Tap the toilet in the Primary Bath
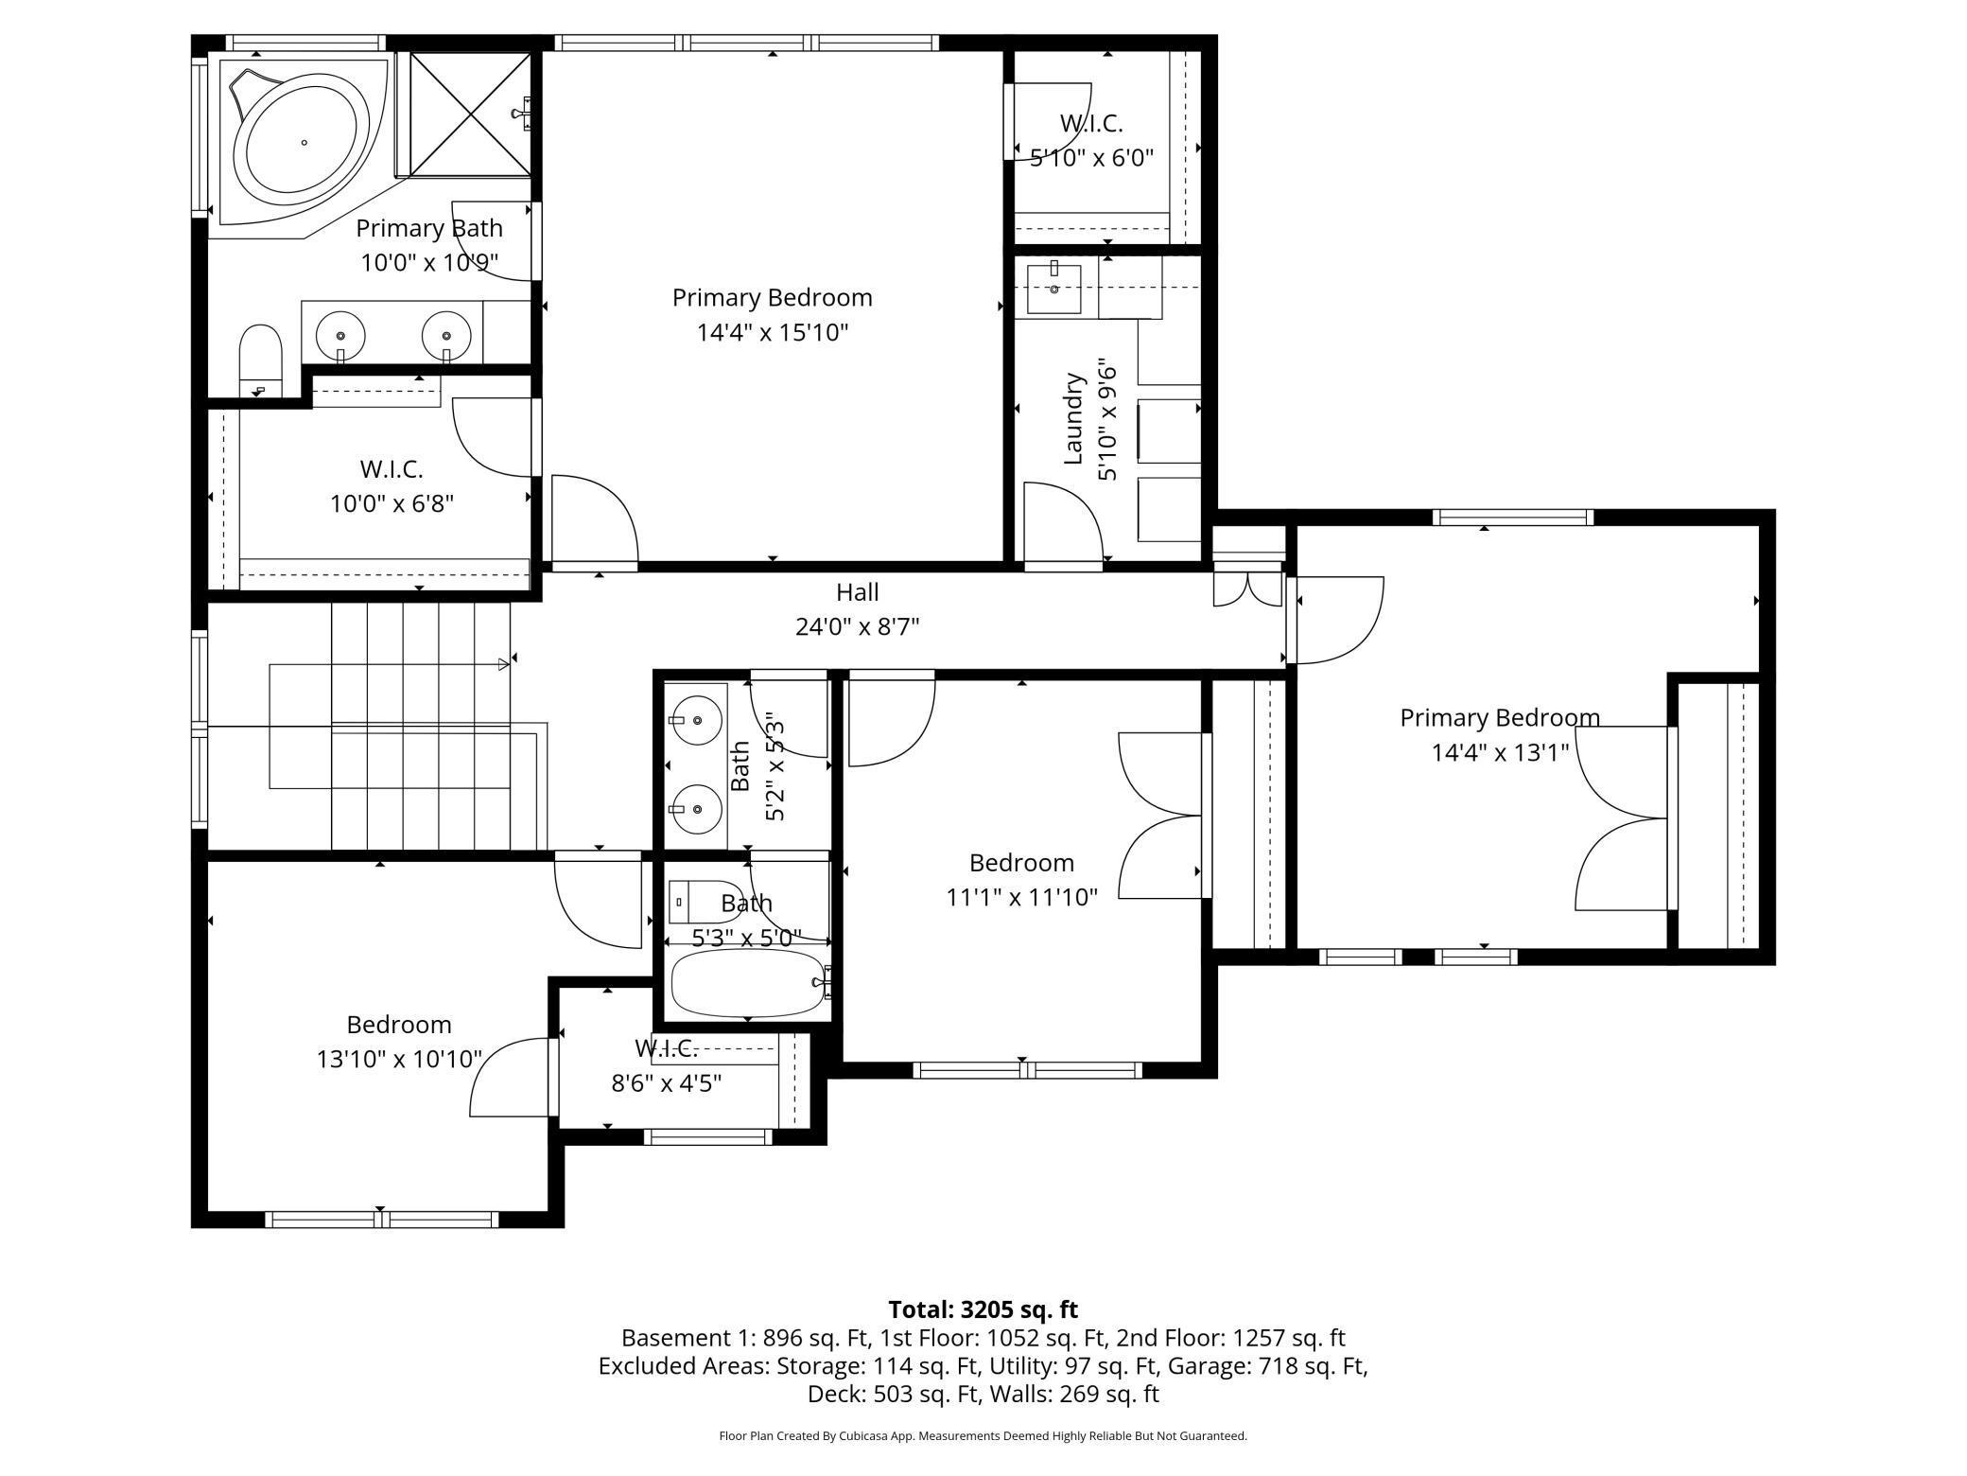pyautogui.click(x=260, y=361)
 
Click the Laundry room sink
pyautogui.click(x=1054, y=289)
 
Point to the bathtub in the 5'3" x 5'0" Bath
pyautogui.click(x=748, y=983)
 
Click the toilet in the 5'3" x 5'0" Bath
pyautogui.click(x=692, y=902)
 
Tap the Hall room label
pyautogui.click(x=858, y=592)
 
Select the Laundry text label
pyautogui.click(x=1073, y=419)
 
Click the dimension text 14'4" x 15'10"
pyautogui.click(x=773, y=332)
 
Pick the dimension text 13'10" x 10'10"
pyautogui.click(x=399, y=1059)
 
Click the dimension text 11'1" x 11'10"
pyautogui.click(x=1021, y=897)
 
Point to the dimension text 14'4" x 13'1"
pyautogui.click(x=1500, y=752)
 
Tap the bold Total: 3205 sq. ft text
pyautogui.click(x=983, y=1309)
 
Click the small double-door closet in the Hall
pyautogui.click(x=1248, y=585)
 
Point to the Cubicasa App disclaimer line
pyautogui.click(x=983, y=1435)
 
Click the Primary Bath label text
pyautogui.click(x=429, y=228)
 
